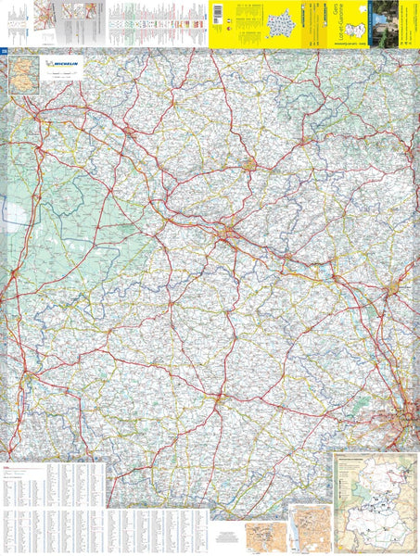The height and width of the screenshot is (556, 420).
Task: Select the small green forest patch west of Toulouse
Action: [366, 405]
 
